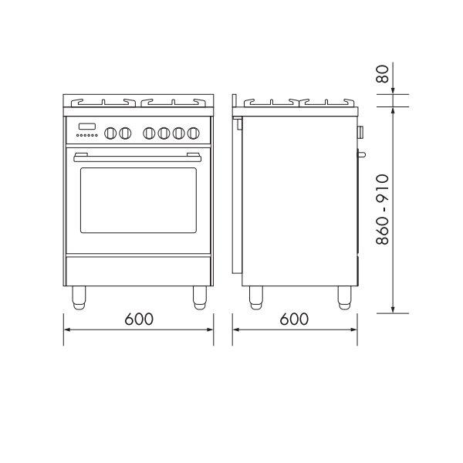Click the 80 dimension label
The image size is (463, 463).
(383, 74)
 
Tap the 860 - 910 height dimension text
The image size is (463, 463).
(383, 210)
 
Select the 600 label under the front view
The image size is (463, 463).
(139, 319)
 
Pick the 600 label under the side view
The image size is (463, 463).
(294, 319)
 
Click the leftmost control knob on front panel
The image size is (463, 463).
(110, 133)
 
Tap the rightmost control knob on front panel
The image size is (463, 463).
(193, 133)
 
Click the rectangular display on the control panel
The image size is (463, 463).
(86, 127)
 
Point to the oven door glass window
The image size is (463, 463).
(138, 200)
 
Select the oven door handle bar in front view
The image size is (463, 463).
(137, 157)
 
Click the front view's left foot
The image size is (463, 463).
(79, 298)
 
